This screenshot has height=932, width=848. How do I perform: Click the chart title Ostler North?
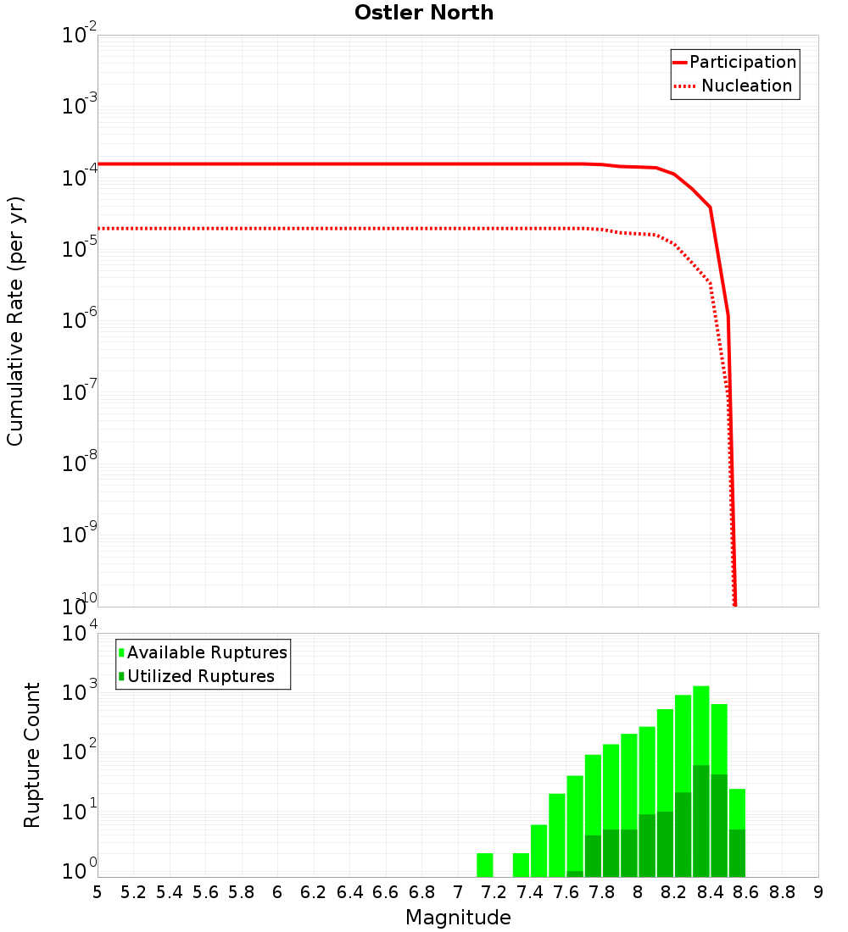coord(424,14)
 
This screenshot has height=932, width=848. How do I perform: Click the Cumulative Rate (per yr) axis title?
coord(16,321)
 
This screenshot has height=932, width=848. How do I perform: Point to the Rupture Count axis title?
coord(32,755)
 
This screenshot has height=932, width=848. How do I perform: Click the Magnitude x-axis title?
coord(458,918)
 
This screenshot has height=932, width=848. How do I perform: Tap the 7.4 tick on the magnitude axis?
coord(530,892)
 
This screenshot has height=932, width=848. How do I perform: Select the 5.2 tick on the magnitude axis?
coord(134,892)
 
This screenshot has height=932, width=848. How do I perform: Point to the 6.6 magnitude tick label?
coord(386,892)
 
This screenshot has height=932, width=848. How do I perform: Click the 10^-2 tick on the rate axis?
coord(80,36)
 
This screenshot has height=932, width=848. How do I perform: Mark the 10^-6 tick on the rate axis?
coord(80,321)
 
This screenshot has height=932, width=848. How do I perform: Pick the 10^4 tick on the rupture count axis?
coord(80,633)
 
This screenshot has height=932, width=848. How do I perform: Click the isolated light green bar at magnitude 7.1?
coord(484,865)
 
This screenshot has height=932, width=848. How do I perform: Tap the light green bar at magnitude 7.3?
coord(521,865)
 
